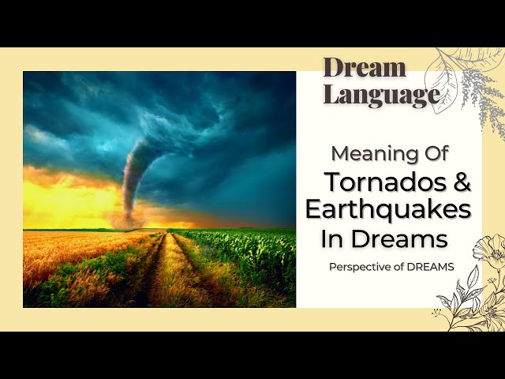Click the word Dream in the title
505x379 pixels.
[x=365, y=67]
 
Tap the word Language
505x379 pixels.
[x=381, y=95]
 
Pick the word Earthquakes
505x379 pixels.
[x=388, y=209]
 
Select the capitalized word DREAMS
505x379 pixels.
[x=431, y=267]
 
